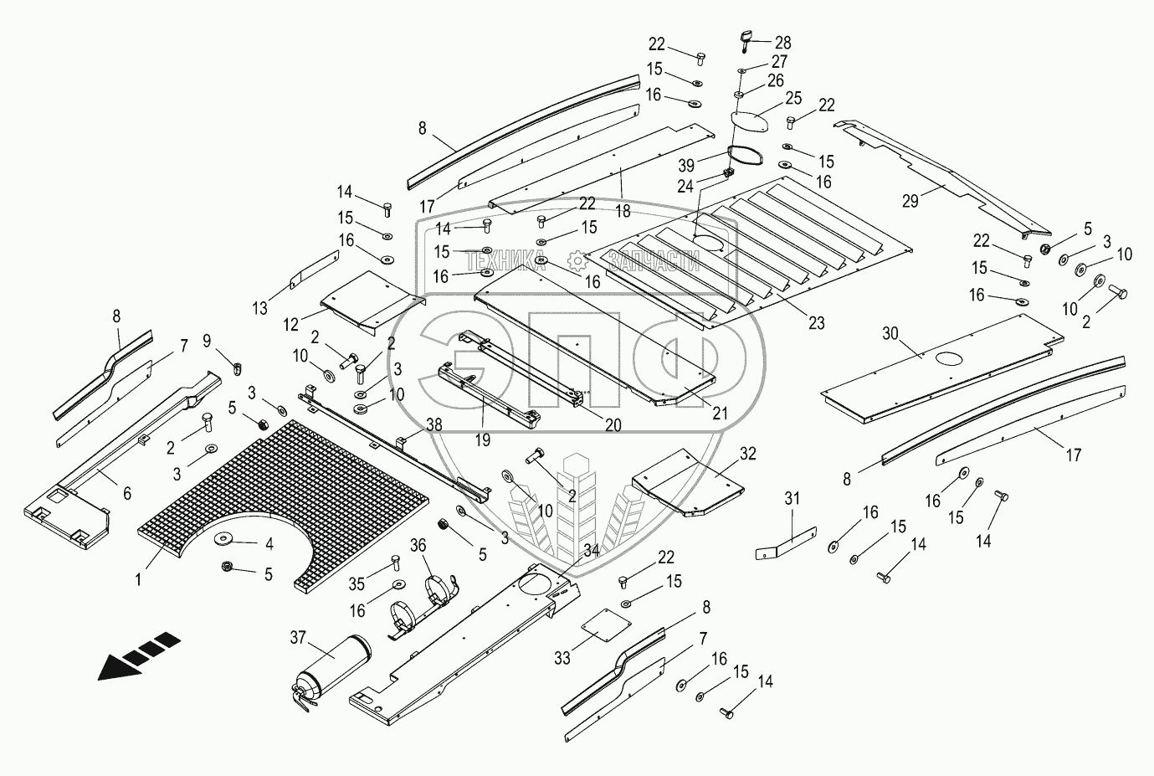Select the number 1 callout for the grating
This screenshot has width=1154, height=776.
[138, 579]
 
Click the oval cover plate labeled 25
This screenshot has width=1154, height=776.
[750, 122]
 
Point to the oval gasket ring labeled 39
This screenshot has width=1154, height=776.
[745, 157]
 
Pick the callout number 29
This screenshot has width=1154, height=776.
[910, 201]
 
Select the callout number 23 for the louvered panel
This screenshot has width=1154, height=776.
[817, 323]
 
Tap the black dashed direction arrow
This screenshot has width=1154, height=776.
[139, 656]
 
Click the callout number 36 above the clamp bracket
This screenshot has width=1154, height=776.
[418, 546]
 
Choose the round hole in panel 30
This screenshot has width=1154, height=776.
[951, 358]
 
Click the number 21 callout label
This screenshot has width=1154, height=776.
[719, 413]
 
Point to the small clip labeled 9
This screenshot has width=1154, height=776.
[237, 368]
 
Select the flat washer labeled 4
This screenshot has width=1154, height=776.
[223, 538]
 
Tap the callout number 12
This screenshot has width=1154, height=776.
[290, 325]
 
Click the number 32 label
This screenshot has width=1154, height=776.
[747, 454]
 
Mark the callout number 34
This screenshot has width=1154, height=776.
[592, 551]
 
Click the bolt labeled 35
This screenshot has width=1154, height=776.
[396, 563]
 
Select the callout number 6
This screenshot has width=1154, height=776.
[126, 494]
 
